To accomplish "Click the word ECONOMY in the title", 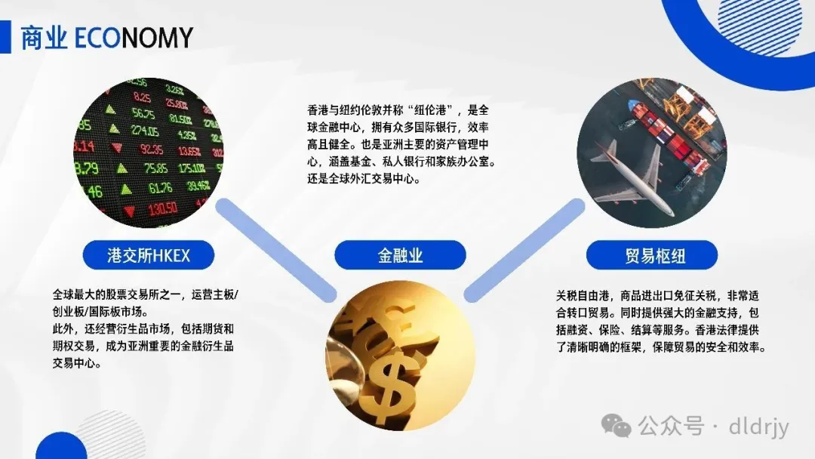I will (x=134, y=37).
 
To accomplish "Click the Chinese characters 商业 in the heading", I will (x=44, y=37).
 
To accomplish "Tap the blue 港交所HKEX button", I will (x=148, y=255).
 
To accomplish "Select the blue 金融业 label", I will (x=400, y=255).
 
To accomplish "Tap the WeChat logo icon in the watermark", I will (x=620, y=427).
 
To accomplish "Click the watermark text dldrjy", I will (x=758, y=427).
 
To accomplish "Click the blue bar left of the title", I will (x=5, y=37).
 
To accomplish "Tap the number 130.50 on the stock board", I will (x=161, y=208).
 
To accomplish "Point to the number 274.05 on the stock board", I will (x=151, y=131).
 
